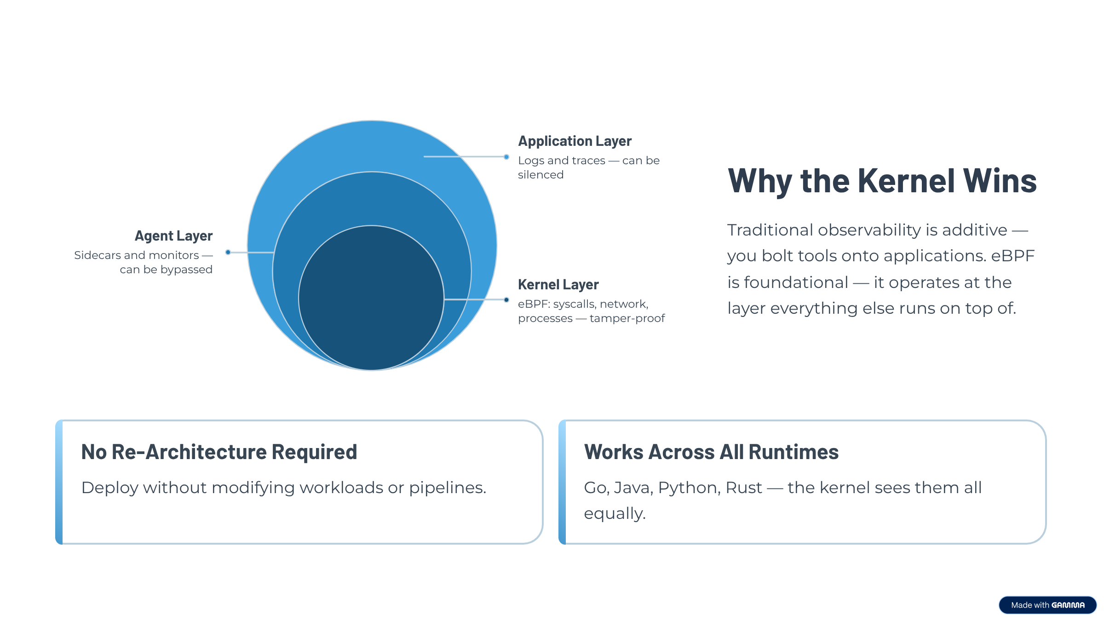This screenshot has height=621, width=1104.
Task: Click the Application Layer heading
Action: point(575,141)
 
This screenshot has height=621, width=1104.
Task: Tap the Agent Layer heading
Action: point(173,236)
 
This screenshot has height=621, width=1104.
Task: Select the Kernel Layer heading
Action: point(558,285)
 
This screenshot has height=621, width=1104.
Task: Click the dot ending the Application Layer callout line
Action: point(506,157)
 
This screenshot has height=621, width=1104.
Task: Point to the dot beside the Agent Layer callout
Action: point(228,252)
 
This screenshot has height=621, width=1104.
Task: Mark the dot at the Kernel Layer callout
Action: point(506,300)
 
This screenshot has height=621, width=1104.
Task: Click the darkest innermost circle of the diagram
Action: point(371,304)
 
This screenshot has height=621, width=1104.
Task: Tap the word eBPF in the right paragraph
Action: point(1012,256)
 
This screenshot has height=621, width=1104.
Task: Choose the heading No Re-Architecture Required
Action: point(219,452)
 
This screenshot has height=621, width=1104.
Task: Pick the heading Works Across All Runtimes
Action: point(711,452)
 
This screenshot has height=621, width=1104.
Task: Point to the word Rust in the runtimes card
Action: point(743,488)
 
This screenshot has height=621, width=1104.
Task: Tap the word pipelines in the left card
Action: point(447,488)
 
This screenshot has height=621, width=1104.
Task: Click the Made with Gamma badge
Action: point(1047,605)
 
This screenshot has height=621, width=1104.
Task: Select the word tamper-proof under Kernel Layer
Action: point(627,318)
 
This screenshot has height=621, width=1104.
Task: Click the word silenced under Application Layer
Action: point(540,175)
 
